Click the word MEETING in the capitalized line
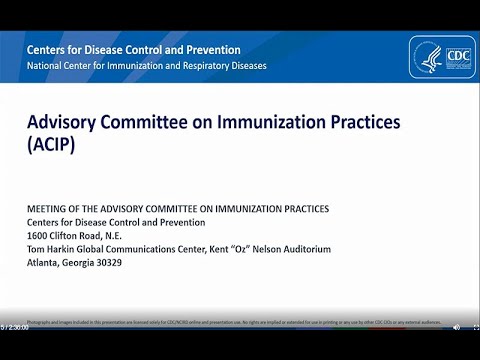coord(47,208)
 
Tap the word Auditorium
coord(300,250)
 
